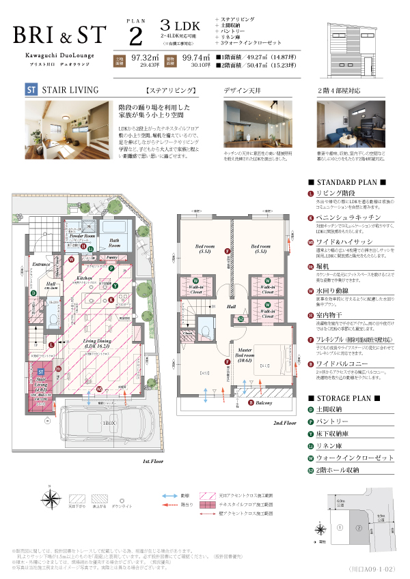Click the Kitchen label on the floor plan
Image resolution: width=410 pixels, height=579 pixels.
pyautogui.click(x=84, y=278)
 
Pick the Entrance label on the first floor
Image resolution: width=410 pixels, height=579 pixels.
pyautogui.click(x=42, y=264)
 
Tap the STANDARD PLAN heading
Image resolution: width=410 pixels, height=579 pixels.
pyautogui.click(x=347, y=183)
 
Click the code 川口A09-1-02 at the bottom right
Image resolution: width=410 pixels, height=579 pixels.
pyautogui.click(x=373, y=567)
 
